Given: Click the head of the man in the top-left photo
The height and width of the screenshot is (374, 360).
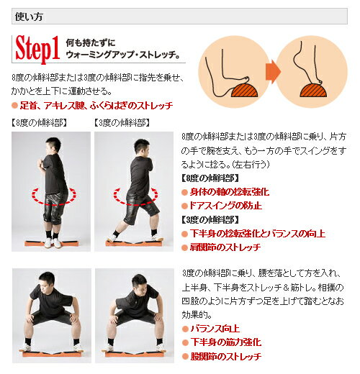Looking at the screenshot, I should tap(51, 143).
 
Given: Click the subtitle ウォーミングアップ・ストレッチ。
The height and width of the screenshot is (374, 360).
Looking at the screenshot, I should tap(122, 55).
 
